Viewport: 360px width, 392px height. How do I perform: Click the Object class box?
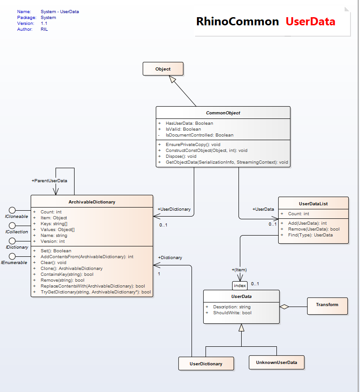163,69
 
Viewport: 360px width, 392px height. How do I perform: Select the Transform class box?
327,305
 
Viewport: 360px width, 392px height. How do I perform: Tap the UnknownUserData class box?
276,363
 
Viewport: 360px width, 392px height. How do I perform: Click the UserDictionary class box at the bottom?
206,364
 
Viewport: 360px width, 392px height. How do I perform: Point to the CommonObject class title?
223,113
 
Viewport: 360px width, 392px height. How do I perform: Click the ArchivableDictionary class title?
92,202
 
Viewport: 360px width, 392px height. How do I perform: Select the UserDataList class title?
313,203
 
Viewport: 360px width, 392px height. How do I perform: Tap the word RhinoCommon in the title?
237,21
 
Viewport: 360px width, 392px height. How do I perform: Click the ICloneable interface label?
17,217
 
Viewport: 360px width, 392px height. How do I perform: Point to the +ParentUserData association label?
49,180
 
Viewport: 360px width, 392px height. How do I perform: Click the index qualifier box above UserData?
240,286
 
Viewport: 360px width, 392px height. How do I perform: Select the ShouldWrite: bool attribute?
232,313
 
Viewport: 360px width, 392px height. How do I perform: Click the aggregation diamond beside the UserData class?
284,307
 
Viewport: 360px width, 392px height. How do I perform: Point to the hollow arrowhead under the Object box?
173,79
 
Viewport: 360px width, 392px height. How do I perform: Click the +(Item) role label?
239,270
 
